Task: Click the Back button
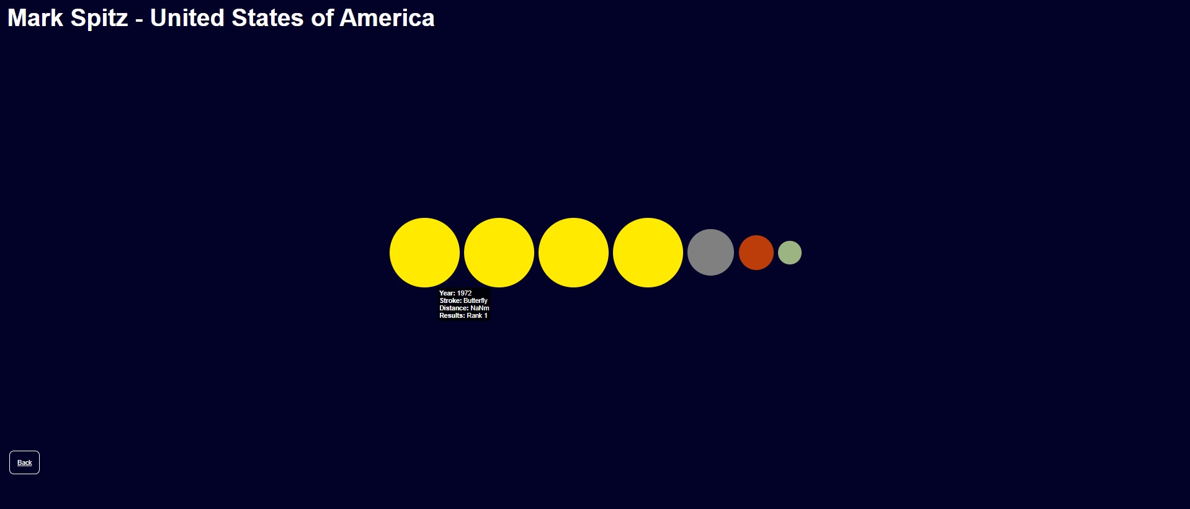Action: (x=24, y=462)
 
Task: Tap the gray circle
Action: (x=710, y=253)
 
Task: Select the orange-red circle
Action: (x=756, y=253)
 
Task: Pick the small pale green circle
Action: (x=790, y=253)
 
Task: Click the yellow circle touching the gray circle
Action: (x=648, y=253)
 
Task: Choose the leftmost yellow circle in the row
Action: (x=424, y=253)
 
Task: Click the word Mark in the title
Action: (x=35, y=18)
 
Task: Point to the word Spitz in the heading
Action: (x=99, y=19)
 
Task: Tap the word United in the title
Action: (x=187, y=18)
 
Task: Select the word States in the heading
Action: (x=268, y=18)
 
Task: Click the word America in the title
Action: (x=387, y=18)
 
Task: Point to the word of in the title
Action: (x=323, y=18)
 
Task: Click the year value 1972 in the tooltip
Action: (x=464, y=293)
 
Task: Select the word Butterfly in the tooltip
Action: (x=475, y=300)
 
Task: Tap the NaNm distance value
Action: (x=480, y=308)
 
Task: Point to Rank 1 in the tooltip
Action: (x=477, y=315)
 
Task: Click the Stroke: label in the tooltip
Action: (x=450, y=300)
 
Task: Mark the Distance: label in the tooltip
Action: (x=454, y=308)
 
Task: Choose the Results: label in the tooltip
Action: (x=452, y=315)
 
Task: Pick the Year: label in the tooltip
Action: (x=447, y=293)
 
